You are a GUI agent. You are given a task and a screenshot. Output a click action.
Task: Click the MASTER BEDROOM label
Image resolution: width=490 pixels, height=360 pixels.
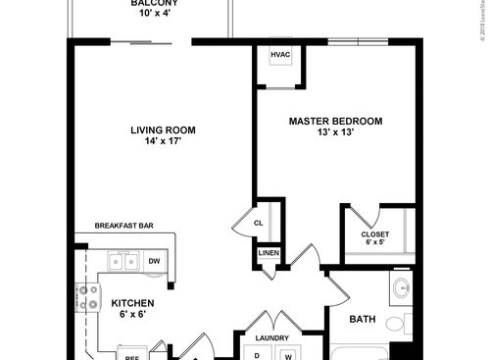point(335,121)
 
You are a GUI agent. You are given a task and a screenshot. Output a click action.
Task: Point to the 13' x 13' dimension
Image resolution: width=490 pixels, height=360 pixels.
point(335,133)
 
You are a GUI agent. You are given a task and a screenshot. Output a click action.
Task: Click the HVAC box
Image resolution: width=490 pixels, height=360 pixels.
point(280,56)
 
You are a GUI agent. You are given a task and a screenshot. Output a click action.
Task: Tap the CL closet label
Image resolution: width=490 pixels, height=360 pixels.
point(259,223)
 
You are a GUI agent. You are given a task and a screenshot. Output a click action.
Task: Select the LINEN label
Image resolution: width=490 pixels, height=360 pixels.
point(269,253)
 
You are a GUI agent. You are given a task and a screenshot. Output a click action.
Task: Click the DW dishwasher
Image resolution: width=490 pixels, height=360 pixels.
point(154,262)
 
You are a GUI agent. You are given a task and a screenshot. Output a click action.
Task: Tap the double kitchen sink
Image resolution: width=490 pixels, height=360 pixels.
point(123,262)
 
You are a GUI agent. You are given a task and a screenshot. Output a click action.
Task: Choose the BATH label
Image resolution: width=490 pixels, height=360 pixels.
point(364,319)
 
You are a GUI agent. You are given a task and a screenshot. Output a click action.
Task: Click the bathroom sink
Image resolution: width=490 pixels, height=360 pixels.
point(400,290)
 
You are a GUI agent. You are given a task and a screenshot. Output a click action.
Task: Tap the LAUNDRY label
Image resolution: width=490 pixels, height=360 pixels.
point(270,338)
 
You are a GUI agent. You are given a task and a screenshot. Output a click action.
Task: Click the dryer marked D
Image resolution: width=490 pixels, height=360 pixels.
point(257,354)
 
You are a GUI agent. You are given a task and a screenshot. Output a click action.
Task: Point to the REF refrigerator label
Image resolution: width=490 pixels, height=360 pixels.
point(131,356)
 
